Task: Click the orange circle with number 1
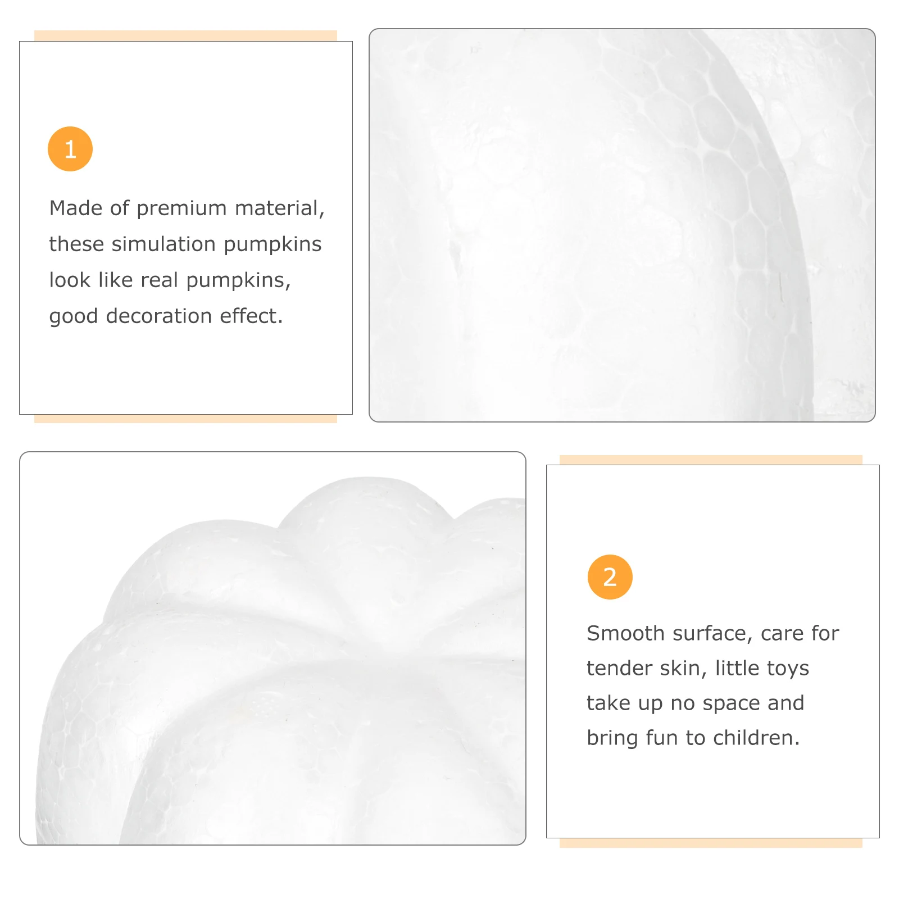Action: pyautogui.click(x=70, y=149)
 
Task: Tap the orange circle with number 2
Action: pyautogui.click(x=610, y=577)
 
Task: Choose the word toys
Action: pyautogui.click(x=788, y=669)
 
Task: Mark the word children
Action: pyautogui.click(x=756, y=738)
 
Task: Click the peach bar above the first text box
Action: pyautogui.click(x=185, y=35)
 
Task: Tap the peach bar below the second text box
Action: pyautogui.click(x=711, y=843)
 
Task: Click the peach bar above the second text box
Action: pyautogui.click(x=711, y=460)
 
